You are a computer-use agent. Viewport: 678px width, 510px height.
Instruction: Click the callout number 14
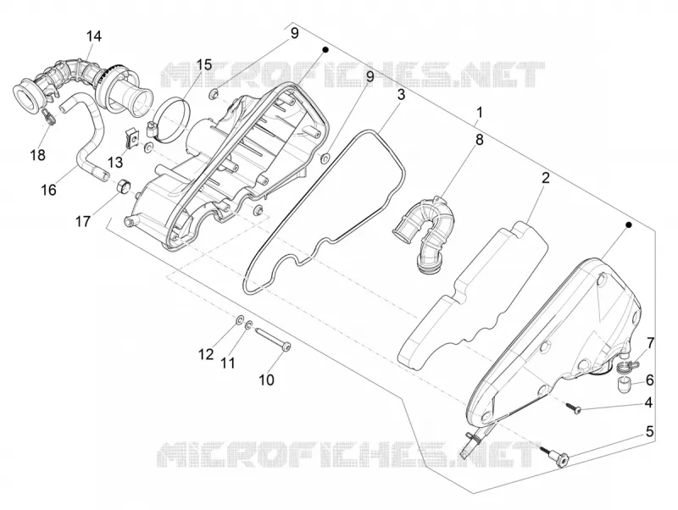click(x=94, y=36)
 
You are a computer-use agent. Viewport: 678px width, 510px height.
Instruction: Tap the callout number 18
click(x=38, y=155)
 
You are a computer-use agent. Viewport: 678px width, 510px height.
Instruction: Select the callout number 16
click(x=49, y=189)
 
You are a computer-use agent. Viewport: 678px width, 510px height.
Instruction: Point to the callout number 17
click(x=83, y=222)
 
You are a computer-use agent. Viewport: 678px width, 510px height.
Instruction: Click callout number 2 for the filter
click(x=546, y=177)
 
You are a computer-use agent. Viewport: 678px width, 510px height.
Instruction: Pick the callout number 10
click(x=267, y=380)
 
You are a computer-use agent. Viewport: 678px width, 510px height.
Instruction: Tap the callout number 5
click(x=649, y=431)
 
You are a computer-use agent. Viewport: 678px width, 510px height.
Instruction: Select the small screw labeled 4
click(x=574, y=408)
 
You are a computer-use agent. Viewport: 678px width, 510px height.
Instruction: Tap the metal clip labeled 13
click(x=132, y=138)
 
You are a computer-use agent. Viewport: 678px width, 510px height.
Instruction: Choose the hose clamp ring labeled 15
click(x=171, y=119)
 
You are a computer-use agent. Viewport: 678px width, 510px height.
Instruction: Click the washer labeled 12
click(x=239, y=321)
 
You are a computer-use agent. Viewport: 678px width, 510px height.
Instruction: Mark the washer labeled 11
click(x=248, y=324)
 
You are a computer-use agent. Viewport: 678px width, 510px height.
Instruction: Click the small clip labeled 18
click(x=49, y=117)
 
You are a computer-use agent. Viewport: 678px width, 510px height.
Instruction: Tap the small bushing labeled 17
click(x=123, y=186)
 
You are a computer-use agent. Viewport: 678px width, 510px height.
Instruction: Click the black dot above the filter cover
click(x=629, y=225)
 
